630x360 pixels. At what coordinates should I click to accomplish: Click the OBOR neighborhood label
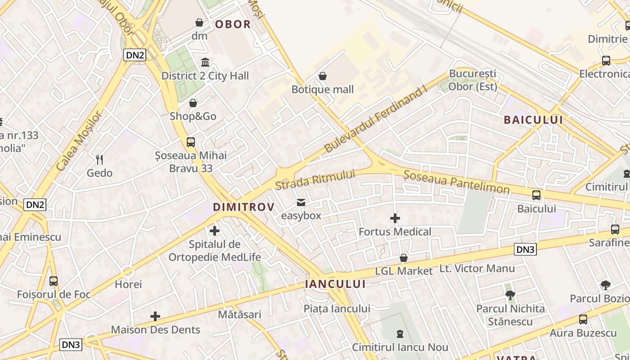pos(233,24)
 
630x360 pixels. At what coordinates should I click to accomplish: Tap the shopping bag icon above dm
pos(199,22)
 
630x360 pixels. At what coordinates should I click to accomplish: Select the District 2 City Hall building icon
pos(205,62)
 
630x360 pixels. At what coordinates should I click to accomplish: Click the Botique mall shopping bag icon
pos(322,76)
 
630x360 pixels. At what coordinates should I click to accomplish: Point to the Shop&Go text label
pos(193,116)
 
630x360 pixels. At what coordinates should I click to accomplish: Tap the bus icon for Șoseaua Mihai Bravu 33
pos(191,142)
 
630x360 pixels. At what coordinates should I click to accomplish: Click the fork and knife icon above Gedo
pos(99,159)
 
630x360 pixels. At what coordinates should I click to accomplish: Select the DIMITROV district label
pos(243,207)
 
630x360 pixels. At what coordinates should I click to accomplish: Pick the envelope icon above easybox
pos(301,202)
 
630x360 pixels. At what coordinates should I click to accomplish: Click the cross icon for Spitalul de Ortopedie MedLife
pos(215,231)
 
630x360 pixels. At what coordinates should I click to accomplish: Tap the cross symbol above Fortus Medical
pos(395,218)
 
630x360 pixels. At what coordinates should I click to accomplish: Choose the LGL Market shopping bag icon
pos(404,258)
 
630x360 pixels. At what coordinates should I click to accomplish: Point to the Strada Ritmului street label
pos(315,180)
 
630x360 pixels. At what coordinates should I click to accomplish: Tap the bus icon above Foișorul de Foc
pos(54,281)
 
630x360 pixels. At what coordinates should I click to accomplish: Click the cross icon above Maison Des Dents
pos(155,316)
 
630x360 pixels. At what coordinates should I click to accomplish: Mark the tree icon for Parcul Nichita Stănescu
pos(510,295)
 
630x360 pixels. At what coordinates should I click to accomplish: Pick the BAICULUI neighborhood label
pos(533,120)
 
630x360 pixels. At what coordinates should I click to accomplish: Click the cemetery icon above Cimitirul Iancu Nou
pos(400,334)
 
